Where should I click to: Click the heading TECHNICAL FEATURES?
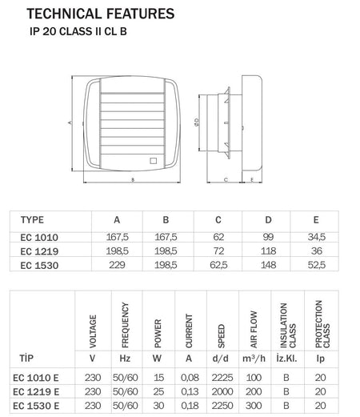[x=101, y=14]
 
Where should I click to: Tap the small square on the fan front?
[x=153, y=161]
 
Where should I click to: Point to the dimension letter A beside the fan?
[x=70, y=122]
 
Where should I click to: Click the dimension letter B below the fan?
[x=133, y=180]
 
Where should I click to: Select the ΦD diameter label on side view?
[x=197, y=122]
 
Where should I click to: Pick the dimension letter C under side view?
[x=226, y=180]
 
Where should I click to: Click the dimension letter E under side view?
[x=252, y=180]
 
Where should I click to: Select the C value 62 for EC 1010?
[x=218, y=237]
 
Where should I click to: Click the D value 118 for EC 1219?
[x=268, y=251]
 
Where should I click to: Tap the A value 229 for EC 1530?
[x=117, y=265]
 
